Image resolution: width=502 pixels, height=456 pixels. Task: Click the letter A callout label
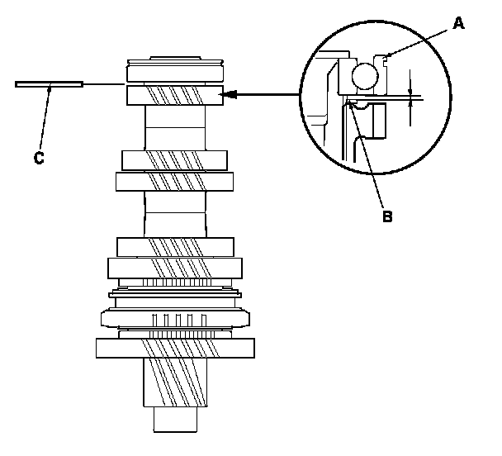[x=459, y=24]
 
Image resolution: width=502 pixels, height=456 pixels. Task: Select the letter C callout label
[x=39, y=158]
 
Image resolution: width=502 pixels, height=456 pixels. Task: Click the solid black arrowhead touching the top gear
[x=234, y=95]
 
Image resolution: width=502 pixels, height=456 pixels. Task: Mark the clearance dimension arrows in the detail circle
[x=410, y=97]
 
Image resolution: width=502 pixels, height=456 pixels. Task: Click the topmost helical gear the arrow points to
[x=174, y=95]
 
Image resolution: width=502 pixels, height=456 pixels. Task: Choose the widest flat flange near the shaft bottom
[x=174, y=347]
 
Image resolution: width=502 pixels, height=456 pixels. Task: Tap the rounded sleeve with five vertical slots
[x=174, y=318]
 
